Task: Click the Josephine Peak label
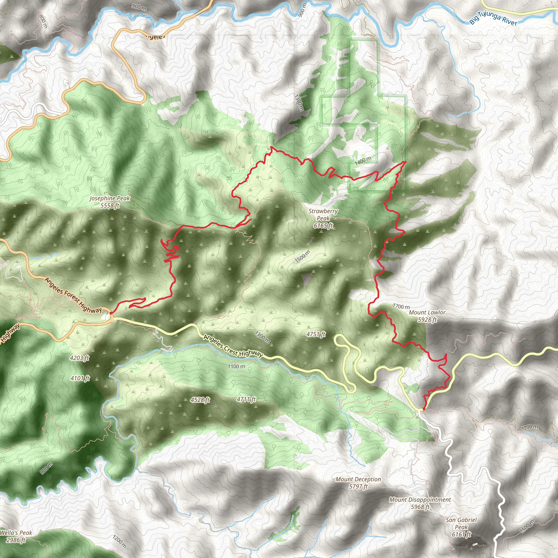(110, 202)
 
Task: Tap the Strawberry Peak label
(323, 218)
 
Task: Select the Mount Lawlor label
(427, 316)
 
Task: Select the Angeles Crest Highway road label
(233, 346)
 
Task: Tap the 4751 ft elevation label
(316, 334)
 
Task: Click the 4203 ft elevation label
(80, 358)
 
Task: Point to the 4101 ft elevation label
(80, 378)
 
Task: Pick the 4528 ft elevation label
(200, 400)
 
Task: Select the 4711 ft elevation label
(246, 399)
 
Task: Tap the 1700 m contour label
(401, 306)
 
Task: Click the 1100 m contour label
(236, 366)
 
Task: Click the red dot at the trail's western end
(111, 313)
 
